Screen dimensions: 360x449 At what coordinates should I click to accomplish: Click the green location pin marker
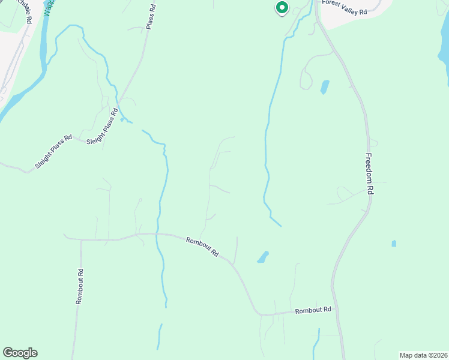(x=282, y=8)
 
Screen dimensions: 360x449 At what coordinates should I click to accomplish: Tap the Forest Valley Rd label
(x=344, y=4)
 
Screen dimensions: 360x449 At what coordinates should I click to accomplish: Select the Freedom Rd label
(x=370, y=173)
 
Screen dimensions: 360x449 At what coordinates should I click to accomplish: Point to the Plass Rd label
(x=151, y=17)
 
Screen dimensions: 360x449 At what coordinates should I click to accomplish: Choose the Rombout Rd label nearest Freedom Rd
(x=313, y=310)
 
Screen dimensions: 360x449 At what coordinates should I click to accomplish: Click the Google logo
(x=20, y=353)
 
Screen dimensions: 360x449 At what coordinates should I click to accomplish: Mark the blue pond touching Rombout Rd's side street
(x=263, y=257)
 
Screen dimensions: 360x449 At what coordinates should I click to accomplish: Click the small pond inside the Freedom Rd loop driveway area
(x=325, y=87)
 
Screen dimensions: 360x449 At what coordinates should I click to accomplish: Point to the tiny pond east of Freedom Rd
(x=394, y=244)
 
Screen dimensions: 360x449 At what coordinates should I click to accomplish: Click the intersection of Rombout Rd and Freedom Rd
(x=335, y=311)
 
